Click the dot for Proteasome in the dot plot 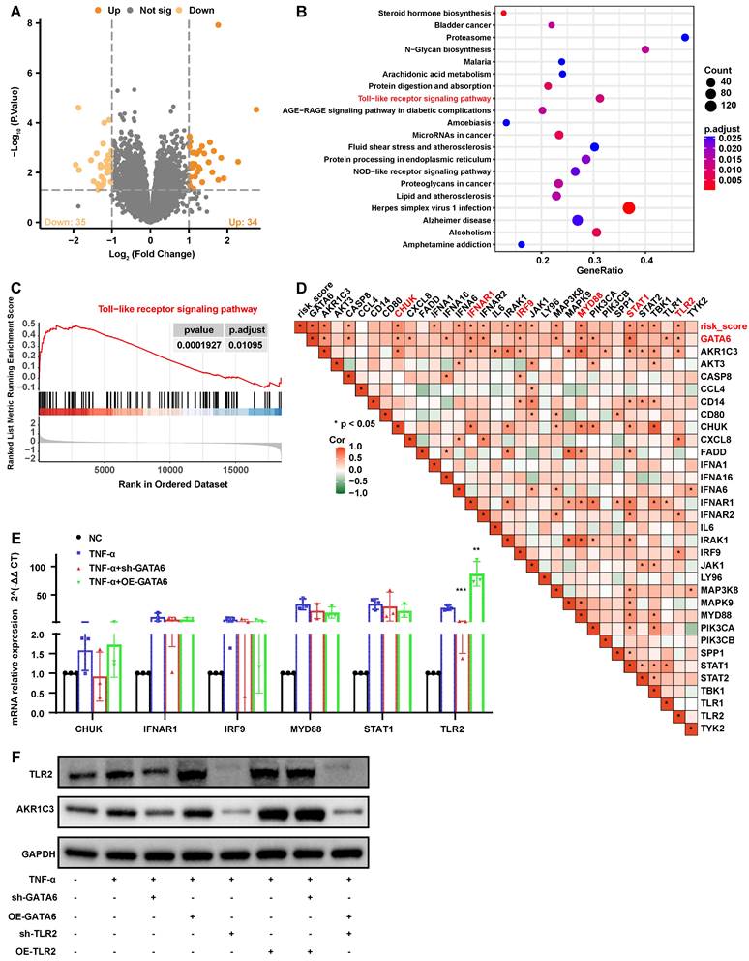(x=685, y=37)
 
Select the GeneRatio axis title (x=594, y=276)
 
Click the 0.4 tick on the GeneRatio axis (x=646, y=261)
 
